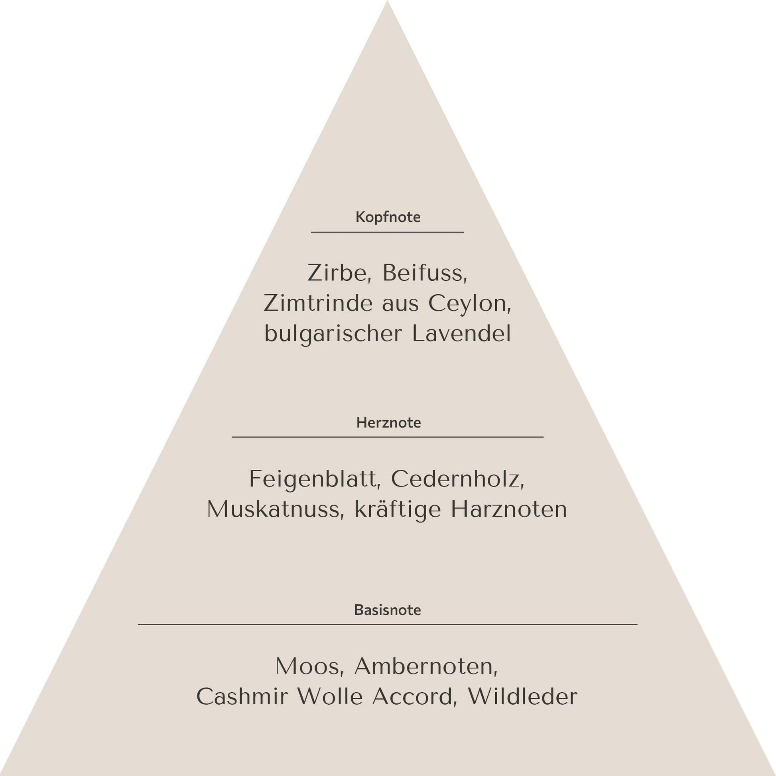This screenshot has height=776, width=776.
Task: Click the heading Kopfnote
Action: coord(388,217)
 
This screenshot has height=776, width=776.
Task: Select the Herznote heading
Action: coord(388,423)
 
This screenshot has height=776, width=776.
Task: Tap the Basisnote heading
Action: coord(388,610)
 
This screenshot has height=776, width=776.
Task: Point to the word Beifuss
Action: coord(425,273)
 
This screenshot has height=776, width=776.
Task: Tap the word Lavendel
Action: coord(461,334)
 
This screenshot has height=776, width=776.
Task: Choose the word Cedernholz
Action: coord(458,479)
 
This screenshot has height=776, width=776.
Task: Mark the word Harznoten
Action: coord(509,509)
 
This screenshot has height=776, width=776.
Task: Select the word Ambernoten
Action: coord(426,666)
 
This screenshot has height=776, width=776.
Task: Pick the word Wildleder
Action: coord(522,697)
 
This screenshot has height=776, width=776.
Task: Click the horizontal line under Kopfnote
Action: coord(387,232)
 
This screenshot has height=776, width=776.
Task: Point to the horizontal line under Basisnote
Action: coord(388,624)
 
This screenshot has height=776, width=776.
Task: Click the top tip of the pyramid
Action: coord(388,1)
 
